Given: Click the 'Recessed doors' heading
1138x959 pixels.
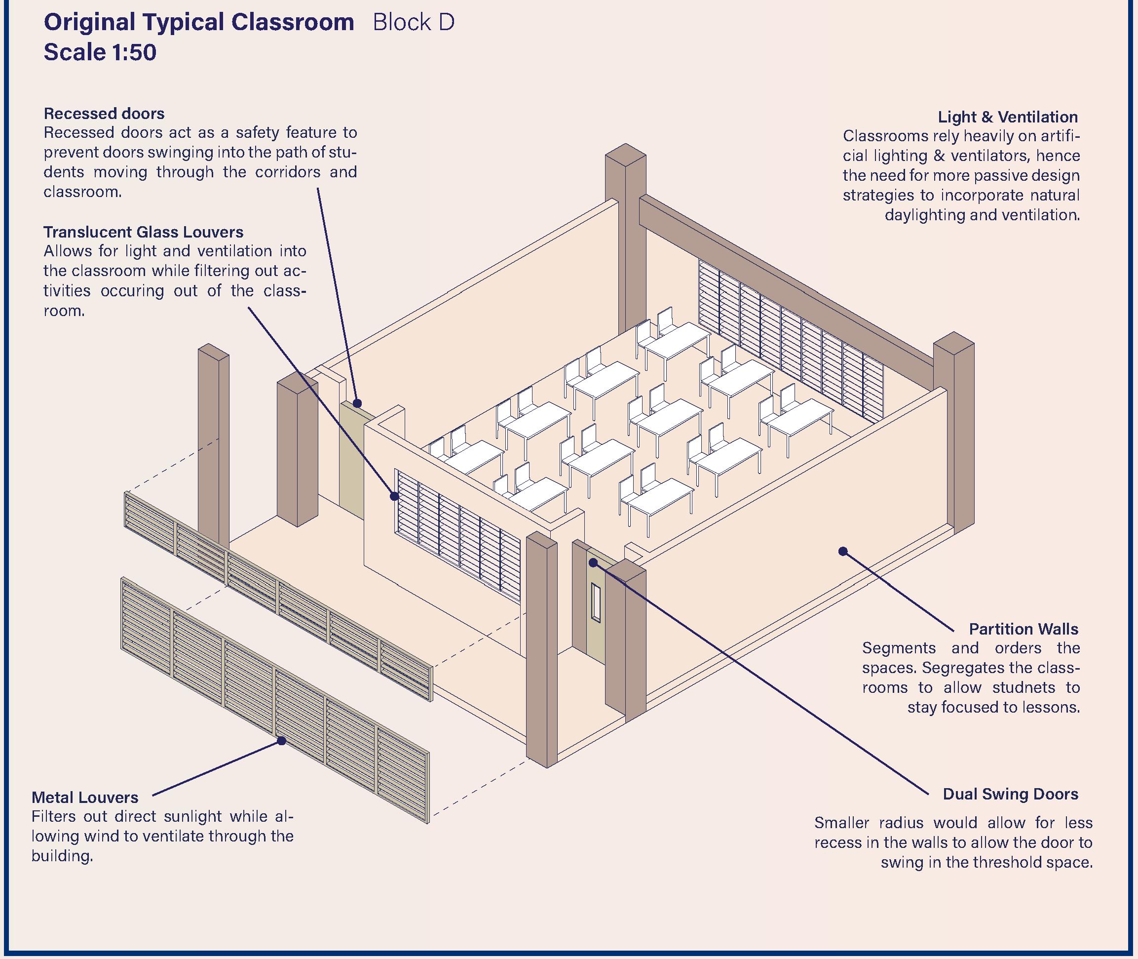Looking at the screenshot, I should tap(104, 114).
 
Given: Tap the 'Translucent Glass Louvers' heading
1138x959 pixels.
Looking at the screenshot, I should tap(144, 232).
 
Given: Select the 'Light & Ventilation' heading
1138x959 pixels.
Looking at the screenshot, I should tap(1008, 117).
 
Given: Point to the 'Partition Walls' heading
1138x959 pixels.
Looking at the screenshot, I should tap(1024, 629).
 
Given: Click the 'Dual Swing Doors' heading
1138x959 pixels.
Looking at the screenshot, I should tap(1010, 794).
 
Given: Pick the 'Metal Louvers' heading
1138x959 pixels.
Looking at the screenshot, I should tap(85, 798).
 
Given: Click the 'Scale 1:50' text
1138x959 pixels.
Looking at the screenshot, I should tap(100, 53).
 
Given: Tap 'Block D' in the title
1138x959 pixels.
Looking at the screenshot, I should tap(414, 23).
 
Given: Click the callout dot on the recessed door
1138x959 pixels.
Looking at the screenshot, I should tap(357, 403).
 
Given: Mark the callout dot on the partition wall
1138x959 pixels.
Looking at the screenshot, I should tap(843, 551).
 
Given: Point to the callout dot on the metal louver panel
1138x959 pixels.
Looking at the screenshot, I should tap(281, 740).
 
